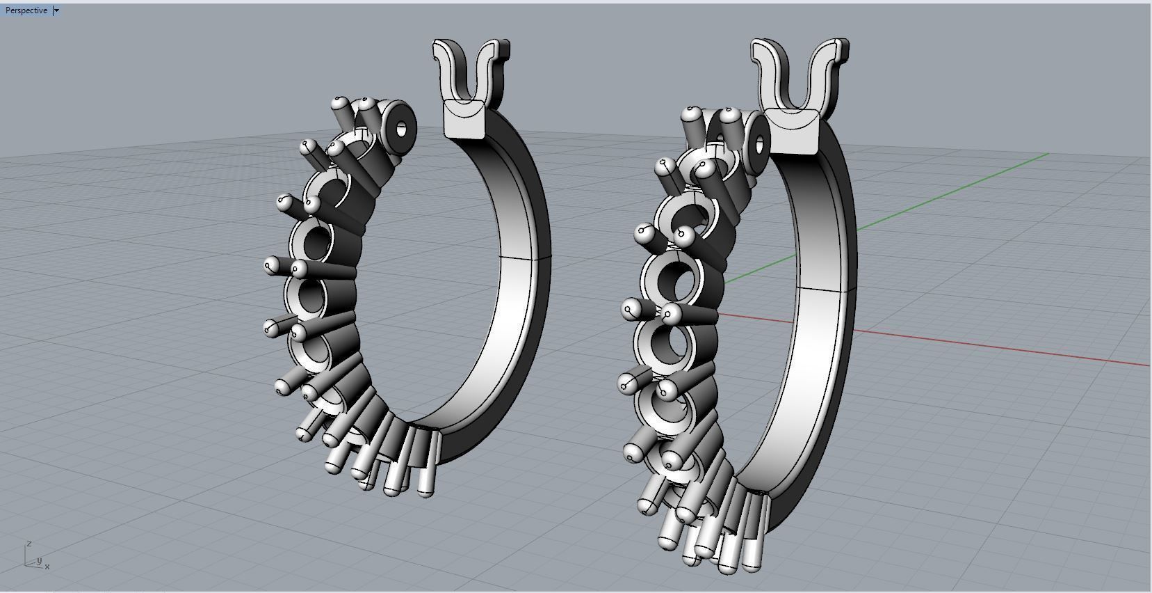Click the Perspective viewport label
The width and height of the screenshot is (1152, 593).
click(26, 10)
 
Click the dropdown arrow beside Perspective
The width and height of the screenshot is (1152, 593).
click(56, 10)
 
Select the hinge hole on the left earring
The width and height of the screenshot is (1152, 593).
click(401, 129)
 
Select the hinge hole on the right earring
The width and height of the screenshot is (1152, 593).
click(758, 145)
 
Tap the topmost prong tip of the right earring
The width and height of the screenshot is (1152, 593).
click(692, 113)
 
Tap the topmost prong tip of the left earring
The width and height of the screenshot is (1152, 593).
click(339, 102)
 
